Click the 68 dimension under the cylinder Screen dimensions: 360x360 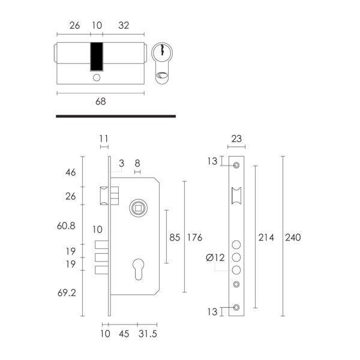tap(101, 101)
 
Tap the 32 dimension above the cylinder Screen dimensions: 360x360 tap(124, 25)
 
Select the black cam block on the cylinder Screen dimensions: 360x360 tap(97, 56)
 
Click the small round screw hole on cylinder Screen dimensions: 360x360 tap(97, 77)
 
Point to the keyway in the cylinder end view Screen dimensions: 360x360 tap(163, 50)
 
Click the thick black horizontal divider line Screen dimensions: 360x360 tap(116, 116)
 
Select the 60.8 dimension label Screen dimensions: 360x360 tap(66, 226)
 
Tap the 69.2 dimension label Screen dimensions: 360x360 tap(67, 293)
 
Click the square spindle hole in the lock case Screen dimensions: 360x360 tap(138, 208)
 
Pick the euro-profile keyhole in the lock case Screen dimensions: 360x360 tap(139, 269)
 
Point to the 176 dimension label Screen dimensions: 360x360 tap(194, 238)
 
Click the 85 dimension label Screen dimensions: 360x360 tap(175, 238)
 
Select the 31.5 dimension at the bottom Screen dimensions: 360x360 tap(148, 334)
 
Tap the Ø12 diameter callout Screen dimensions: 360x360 tap(215, 257)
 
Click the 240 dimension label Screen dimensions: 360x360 tap(293, 238)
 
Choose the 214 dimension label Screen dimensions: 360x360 tap(266, 238)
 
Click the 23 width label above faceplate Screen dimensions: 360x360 tap(236, 139)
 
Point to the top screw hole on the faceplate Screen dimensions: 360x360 tap(236, 165)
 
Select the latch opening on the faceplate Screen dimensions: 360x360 tap(236, 196)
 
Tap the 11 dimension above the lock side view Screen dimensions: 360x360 tap(104, 139)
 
